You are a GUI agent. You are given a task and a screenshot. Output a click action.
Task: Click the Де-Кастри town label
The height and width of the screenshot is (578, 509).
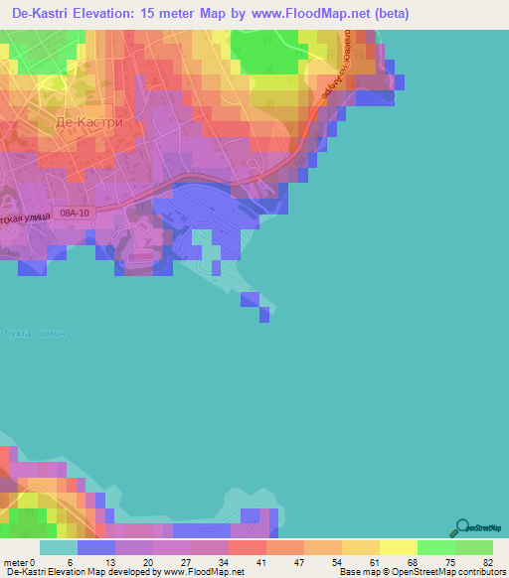89,122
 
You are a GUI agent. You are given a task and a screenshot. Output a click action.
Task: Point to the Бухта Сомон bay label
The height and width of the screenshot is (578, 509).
34,334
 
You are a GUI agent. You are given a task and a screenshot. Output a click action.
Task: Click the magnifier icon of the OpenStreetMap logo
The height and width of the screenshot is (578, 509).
461,527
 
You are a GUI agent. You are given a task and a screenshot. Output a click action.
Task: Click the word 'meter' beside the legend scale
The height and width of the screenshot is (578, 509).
15,561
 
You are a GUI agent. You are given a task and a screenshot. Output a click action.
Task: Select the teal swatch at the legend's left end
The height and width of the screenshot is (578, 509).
58,547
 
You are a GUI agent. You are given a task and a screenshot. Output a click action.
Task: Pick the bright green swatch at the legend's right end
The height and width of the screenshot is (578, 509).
474,547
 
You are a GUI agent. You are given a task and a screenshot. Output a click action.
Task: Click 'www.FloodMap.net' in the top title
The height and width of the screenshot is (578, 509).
311,14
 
